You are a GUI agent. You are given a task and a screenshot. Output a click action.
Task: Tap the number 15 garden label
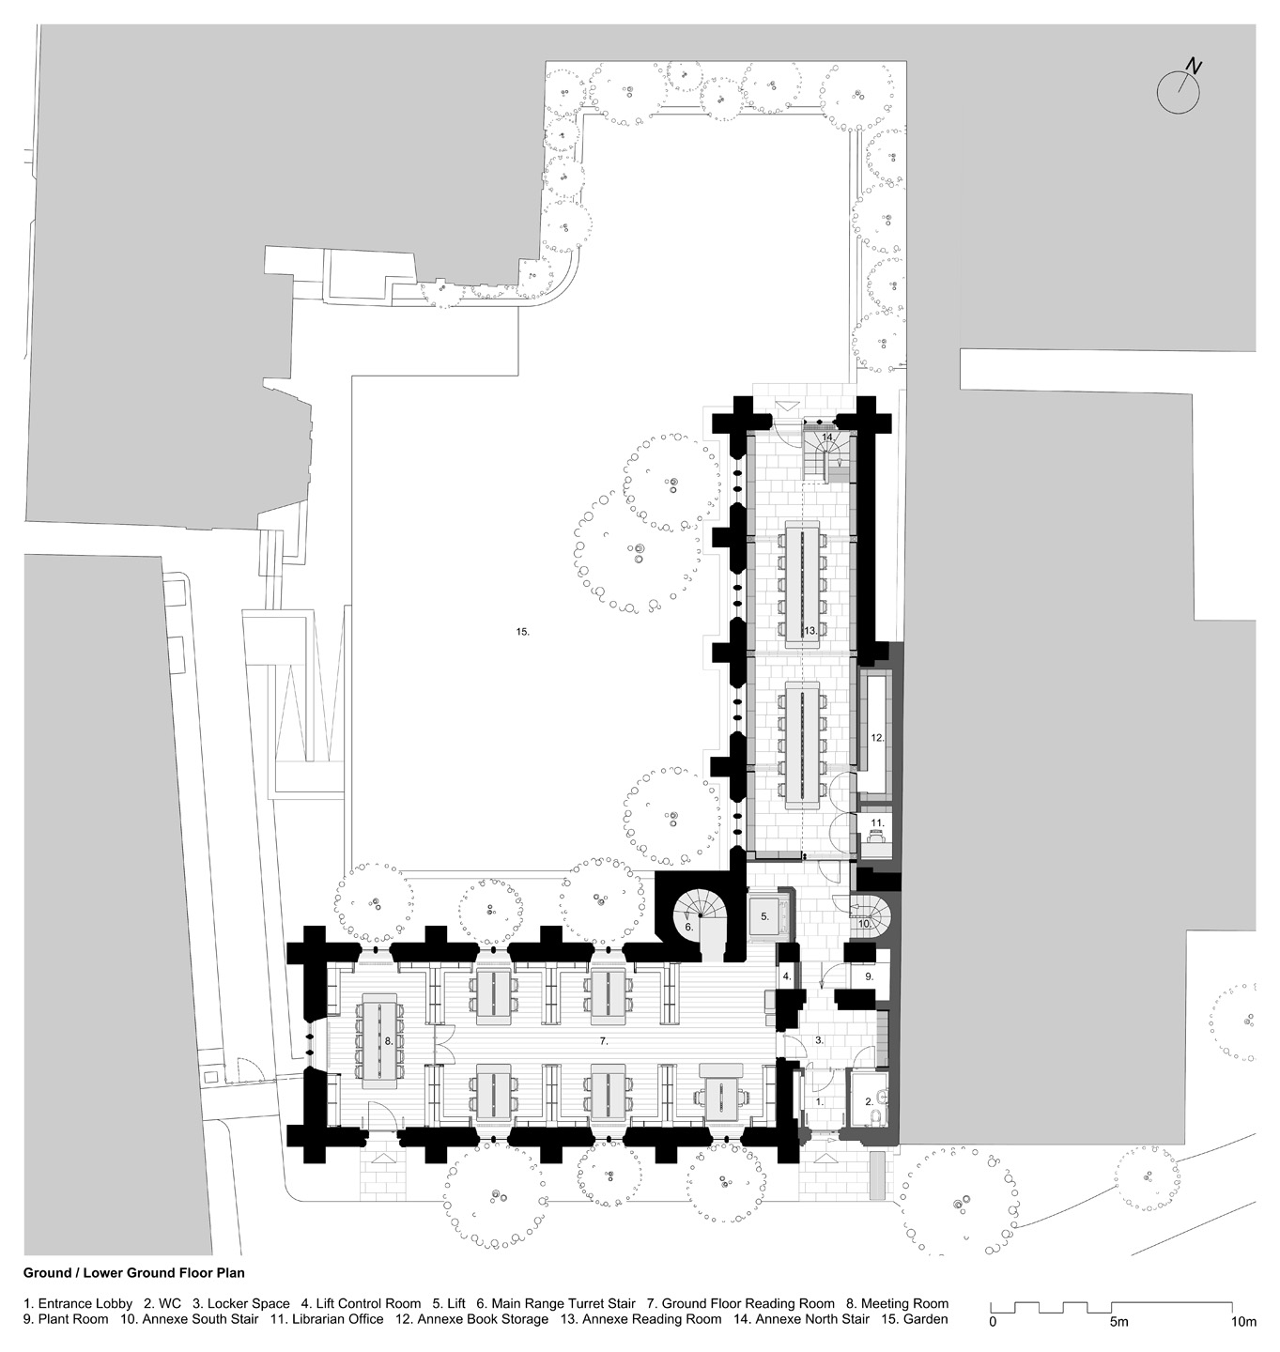click(x=523, y=633)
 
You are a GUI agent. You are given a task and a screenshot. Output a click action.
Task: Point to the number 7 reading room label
click(x=605, y=1041)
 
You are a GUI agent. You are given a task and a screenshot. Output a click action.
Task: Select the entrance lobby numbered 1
click(x=818, y=1098)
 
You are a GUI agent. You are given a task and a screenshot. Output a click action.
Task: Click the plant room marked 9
click(x=870, y=976)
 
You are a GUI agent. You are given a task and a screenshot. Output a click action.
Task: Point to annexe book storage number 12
click(x=877, y=737)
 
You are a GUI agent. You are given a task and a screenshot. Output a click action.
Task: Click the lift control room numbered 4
click(x=788, y=976)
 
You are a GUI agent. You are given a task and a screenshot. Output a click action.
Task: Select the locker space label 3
click(x=819, y=1040)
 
